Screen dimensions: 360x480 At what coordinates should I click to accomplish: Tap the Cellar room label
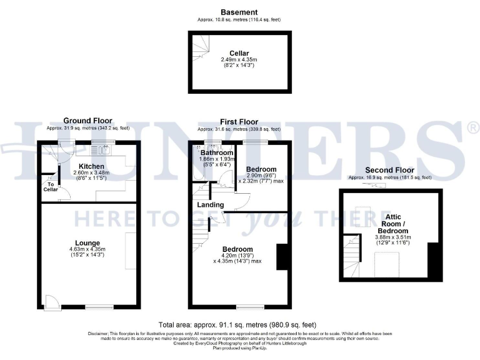[x=240, y=53]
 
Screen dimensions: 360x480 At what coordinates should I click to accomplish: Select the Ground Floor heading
[x=88, y=121]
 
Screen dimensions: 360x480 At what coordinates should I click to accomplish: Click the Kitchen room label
[x=90, y=166]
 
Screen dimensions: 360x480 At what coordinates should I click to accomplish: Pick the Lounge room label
[x=87, y=242]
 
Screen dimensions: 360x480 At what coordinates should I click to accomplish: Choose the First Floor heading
[x=239, y=121]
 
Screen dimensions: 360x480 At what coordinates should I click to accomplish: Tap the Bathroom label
[x=217, y=152]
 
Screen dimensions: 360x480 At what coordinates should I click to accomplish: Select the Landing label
[x=211, y=205]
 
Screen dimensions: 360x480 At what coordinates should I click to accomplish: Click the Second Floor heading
[x=390, y=170]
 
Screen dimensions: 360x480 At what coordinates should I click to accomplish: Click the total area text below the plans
[x=237, y=325]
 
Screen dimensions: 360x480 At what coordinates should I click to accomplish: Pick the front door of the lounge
[x=52, y=302]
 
